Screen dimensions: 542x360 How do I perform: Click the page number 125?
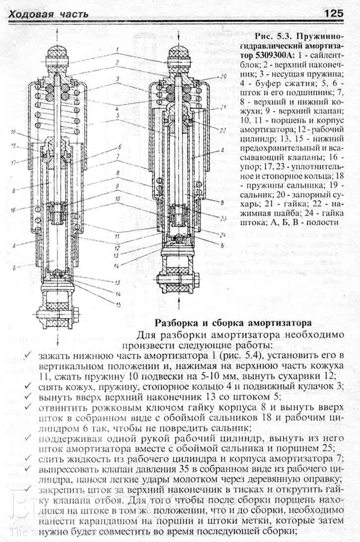tap(334, 13)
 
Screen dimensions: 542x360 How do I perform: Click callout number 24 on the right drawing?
tap(224, 234)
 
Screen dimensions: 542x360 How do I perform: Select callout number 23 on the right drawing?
tap(223, 217)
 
